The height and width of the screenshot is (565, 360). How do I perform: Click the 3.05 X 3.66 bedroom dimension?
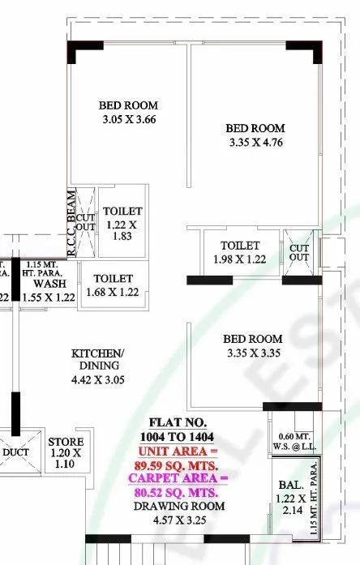click(128, 121)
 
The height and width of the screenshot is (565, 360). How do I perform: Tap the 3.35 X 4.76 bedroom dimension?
click(255, 144)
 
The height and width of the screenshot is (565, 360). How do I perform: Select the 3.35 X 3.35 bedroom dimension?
click(254, 353)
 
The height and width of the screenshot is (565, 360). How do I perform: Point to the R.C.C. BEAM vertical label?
click(71, 222)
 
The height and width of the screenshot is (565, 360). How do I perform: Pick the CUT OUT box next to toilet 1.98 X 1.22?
click(299, 252)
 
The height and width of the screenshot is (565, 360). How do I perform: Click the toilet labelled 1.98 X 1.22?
click(239, 252)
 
